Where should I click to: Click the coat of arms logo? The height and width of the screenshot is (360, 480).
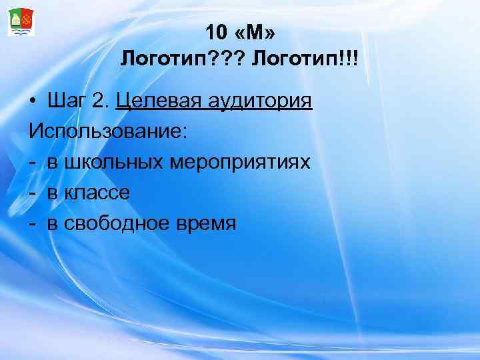point(21,21)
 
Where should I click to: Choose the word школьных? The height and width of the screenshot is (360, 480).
point(111,162)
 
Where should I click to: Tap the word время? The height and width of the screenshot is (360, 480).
point(204,223)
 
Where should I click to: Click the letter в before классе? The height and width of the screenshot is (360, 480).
point(52,193)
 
